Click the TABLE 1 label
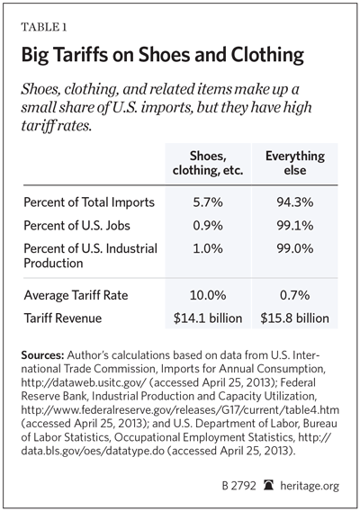point(44,27)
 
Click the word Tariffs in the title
point(79,54)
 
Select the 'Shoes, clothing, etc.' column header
point(208,163)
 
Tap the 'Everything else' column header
point(295,163)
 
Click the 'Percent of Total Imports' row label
point(89,202)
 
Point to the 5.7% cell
point(208,202)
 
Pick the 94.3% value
point(295,202)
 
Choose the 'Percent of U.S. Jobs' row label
point(77,226)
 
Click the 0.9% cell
point(208,226)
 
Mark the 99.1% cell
point(295,226)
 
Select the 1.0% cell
point(208,248)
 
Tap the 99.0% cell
point(295,248)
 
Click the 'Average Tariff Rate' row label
point(76,295)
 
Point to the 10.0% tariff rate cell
point(208,295)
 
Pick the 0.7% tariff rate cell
point(295,295)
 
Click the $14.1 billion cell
point(208,318)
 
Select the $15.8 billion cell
point(295,318)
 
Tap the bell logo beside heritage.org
point(269,485)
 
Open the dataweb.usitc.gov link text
point(85,382)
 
